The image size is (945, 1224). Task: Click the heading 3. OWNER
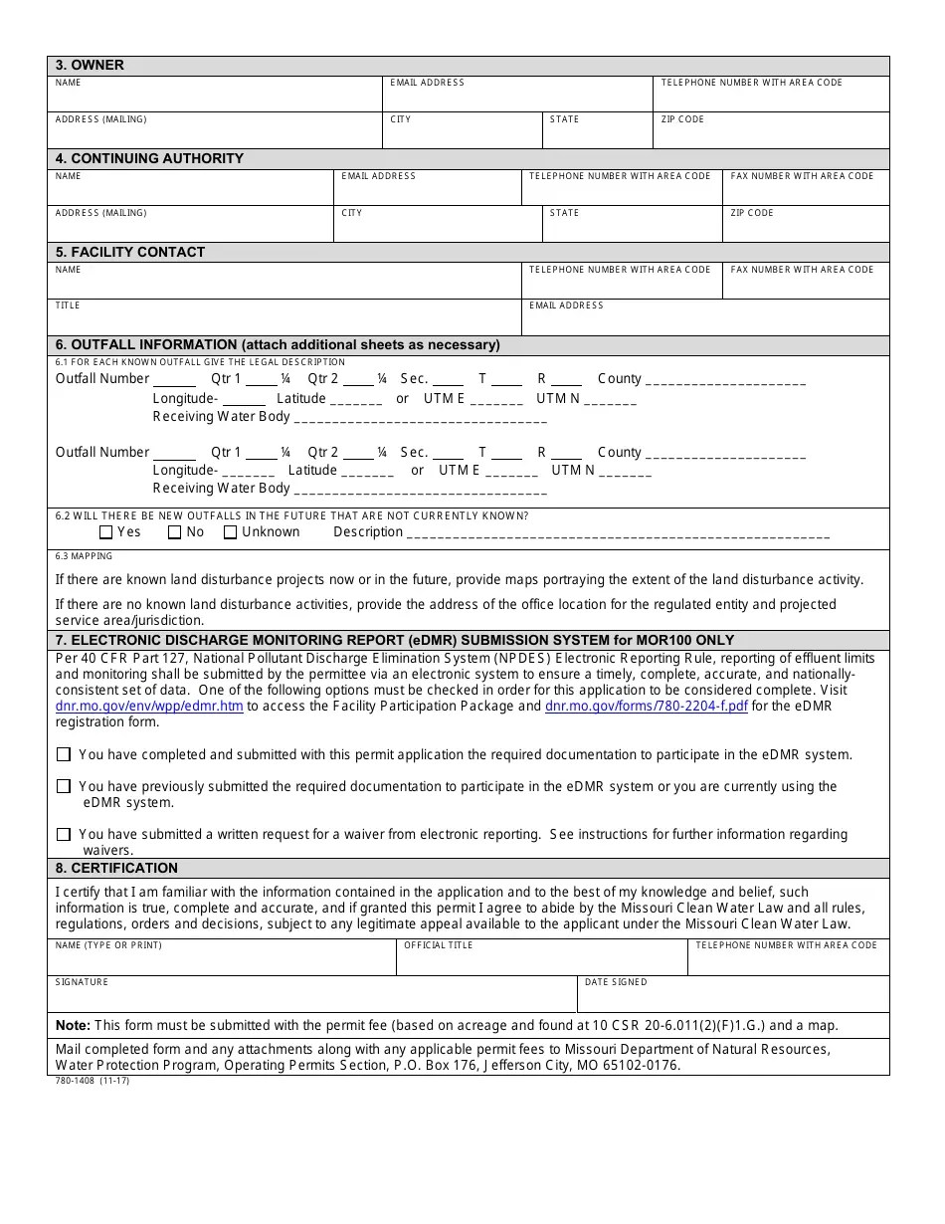pos(90,66)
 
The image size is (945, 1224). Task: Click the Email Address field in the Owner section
pos(517,98)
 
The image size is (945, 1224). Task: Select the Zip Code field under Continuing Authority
pos(805,228)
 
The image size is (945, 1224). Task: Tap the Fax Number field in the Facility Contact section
pos(805,286)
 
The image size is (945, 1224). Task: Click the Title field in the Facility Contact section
pos(284,321)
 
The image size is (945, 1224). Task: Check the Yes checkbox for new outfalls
pos(106,532)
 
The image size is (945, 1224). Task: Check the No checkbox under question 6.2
pos(175,532)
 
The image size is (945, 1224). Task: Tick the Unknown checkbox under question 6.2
pos(231,532)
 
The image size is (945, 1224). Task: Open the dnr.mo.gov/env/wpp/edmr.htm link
pos(149,707)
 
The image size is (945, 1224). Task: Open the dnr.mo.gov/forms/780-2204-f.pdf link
pos(646,707)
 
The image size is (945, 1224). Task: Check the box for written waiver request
pos(64,835)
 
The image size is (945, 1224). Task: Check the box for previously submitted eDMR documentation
pos(64,787)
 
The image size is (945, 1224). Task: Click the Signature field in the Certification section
pos(312,998)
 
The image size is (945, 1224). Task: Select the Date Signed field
pos(733,998)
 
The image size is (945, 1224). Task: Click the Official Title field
pos(541,961)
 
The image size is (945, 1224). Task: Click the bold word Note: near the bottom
pos(73,1025)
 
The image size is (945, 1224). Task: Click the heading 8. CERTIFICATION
pos(116,868)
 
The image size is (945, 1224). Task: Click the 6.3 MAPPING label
pos(84,556)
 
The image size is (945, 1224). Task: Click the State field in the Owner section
pos(597,134)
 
